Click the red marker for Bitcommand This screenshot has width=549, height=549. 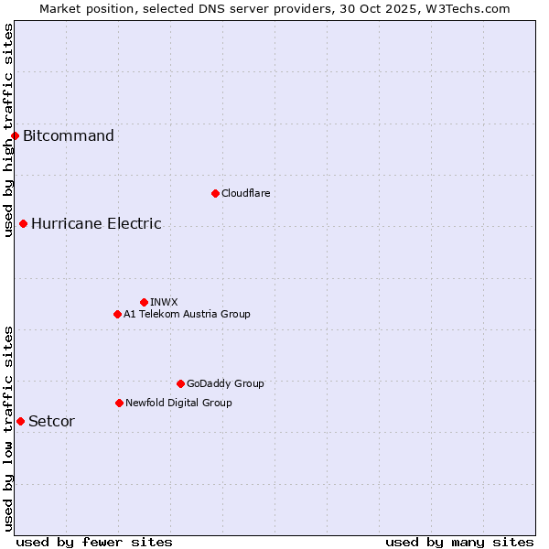tap(15, 136)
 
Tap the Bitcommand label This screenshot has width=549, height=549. tap(69, 136)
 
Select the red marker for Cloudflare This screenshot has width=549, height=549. tap(215, 193)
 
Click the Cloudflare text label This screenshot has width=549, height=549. tap(245, 193)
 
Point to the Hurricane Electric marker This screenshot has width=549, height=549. tap(23, 223)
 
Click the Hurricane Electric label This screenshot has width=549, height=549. tap(96, 223)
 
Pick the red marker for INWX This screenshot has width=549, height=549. tap(144, 302)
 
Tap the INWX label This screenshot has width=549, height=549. tap(164, 302)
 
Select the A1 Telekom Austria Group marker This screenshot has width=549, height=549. tap(117, 314)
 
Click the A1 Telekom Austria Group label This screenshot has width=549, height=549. tap(187, 314)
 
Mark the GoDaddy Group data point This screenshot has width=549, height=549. tap(180, 383)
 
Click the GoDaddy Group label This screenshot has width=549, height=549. tap(225, 383)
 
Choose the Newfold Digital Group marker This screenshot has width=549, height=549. tap(119, 403)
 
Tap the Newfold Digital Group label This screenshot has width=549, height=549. tap(178, 403)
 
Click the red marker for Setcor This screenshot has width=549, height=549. tap(20, 421)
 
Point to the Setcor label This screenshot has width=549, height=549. tap(51, 421)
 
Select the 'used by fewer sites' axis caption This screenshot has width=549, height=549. tap(94, 542)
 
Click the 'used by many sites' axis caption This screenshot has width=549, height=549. tap(459, 542)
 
